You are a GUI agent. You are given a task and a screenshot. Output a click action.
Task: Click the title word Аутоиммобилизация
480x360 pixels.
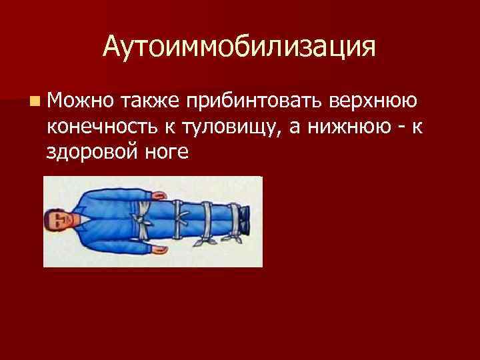pyautogui.click(x=239, y=47)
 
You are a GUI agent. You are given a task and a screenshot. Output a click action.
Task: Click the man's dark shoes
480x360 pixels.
pyautogui.click(x=246, y=221)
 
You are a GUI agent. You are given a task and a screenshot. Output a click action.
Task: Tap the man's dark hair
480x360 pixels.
pyautogui.click(x=50, y=222)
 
